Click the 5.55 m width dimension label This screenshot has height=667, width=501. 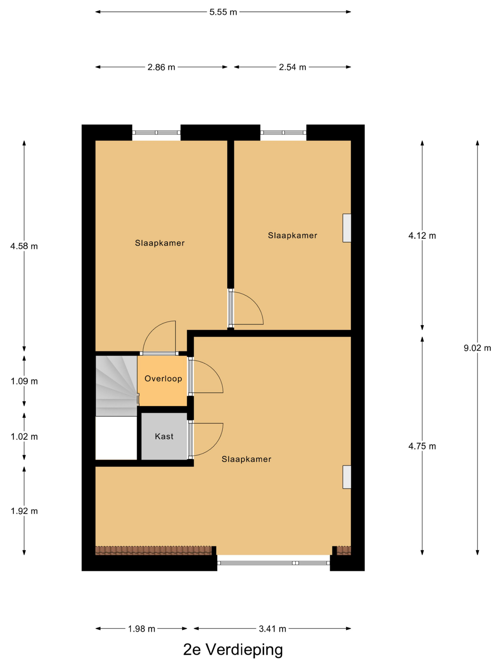pos(223,12)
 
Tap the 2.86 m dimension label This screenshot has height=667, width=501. pos(161,67)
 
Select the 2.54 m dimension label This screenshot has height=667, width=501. pos(292,67)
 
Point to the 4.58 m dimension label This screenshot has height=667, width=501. pos(24,246)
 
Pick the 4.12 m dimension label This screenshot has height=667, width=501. pos(422,236)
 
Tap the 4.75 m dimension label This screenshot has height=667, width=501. pos(422,446)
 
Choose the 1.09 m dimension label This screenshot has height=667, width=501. pos(24,381)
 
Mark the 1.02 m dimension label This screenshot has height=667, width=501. pos(24,436)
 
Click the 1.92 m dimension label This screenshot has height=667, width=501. pos(24,511)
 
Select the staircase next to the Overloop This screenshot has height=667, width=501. pos(117,386)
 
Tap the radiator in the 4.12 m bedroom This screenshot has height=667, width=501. pos(347,228)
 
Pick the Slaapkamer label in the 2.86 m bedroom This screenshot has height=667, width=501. pos(159,243)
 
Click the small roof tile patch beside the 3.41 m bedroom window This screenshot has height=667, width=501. pos(344,551)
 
